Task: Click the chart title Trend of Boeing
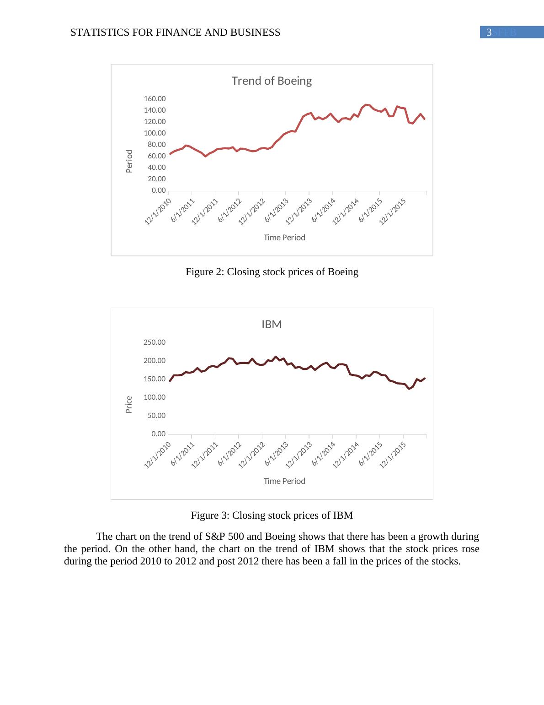[x=272, y=81]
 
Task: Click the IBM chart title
[x=272, y=325]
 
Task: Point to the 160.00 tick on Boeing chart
[x=155, y=99]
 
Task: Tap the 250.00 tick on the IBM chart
[x=155, y=342]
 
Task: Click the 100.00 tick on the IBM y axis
[x=155, y=397]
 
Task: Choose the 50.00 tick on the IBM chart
[x=157, y=416]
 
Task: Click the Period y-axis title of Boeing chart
[x=129, y=161]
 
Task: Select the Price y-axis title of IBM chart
[x=129, y=404]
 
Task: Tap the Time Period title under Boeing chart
[x=284, y=238]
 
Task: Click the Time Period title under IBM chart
[x=284, y=481]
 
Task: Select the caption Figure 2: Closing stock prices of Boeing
[x=272, y=272]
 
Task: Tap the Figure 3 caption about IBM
[x=272, y=515]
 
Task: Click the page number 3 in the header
[x=489, y=33]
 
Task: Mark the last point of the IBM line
[x=425, y=378]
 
